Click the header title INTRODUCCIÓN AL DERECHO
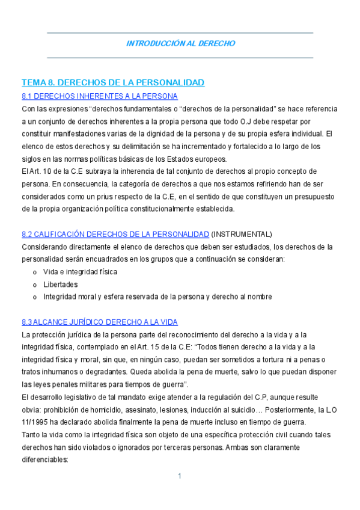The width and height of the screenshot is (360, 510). click(180, 44)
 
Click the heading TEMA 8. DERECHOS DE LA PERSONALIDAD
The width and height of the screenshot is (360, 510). click(113, 82)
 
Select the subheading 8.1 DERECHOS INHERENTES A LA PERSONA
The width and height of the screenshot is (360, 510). click(99, 96)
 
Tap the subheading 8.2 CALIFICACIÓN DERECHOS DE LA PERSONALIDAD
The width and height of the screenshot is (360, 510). click(115, 234)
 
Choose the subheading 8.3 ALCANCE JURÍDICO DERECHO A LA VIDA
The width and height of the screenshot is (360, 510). click(99, 322)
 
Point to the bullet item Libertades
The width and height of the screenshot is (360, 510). click(60, 284)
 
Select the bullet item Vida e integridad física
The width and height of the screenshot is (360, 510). click(80, 272)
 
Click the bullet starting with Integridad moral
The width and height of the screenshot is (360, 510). click(157, 296)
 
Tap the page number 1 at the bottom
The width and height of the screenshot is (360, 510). click(180, 476)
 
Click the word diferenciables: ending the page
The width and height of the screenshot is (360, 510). click(45, 460)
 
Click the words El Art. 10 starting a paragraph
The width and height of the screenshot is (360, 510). click(37, 172)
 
